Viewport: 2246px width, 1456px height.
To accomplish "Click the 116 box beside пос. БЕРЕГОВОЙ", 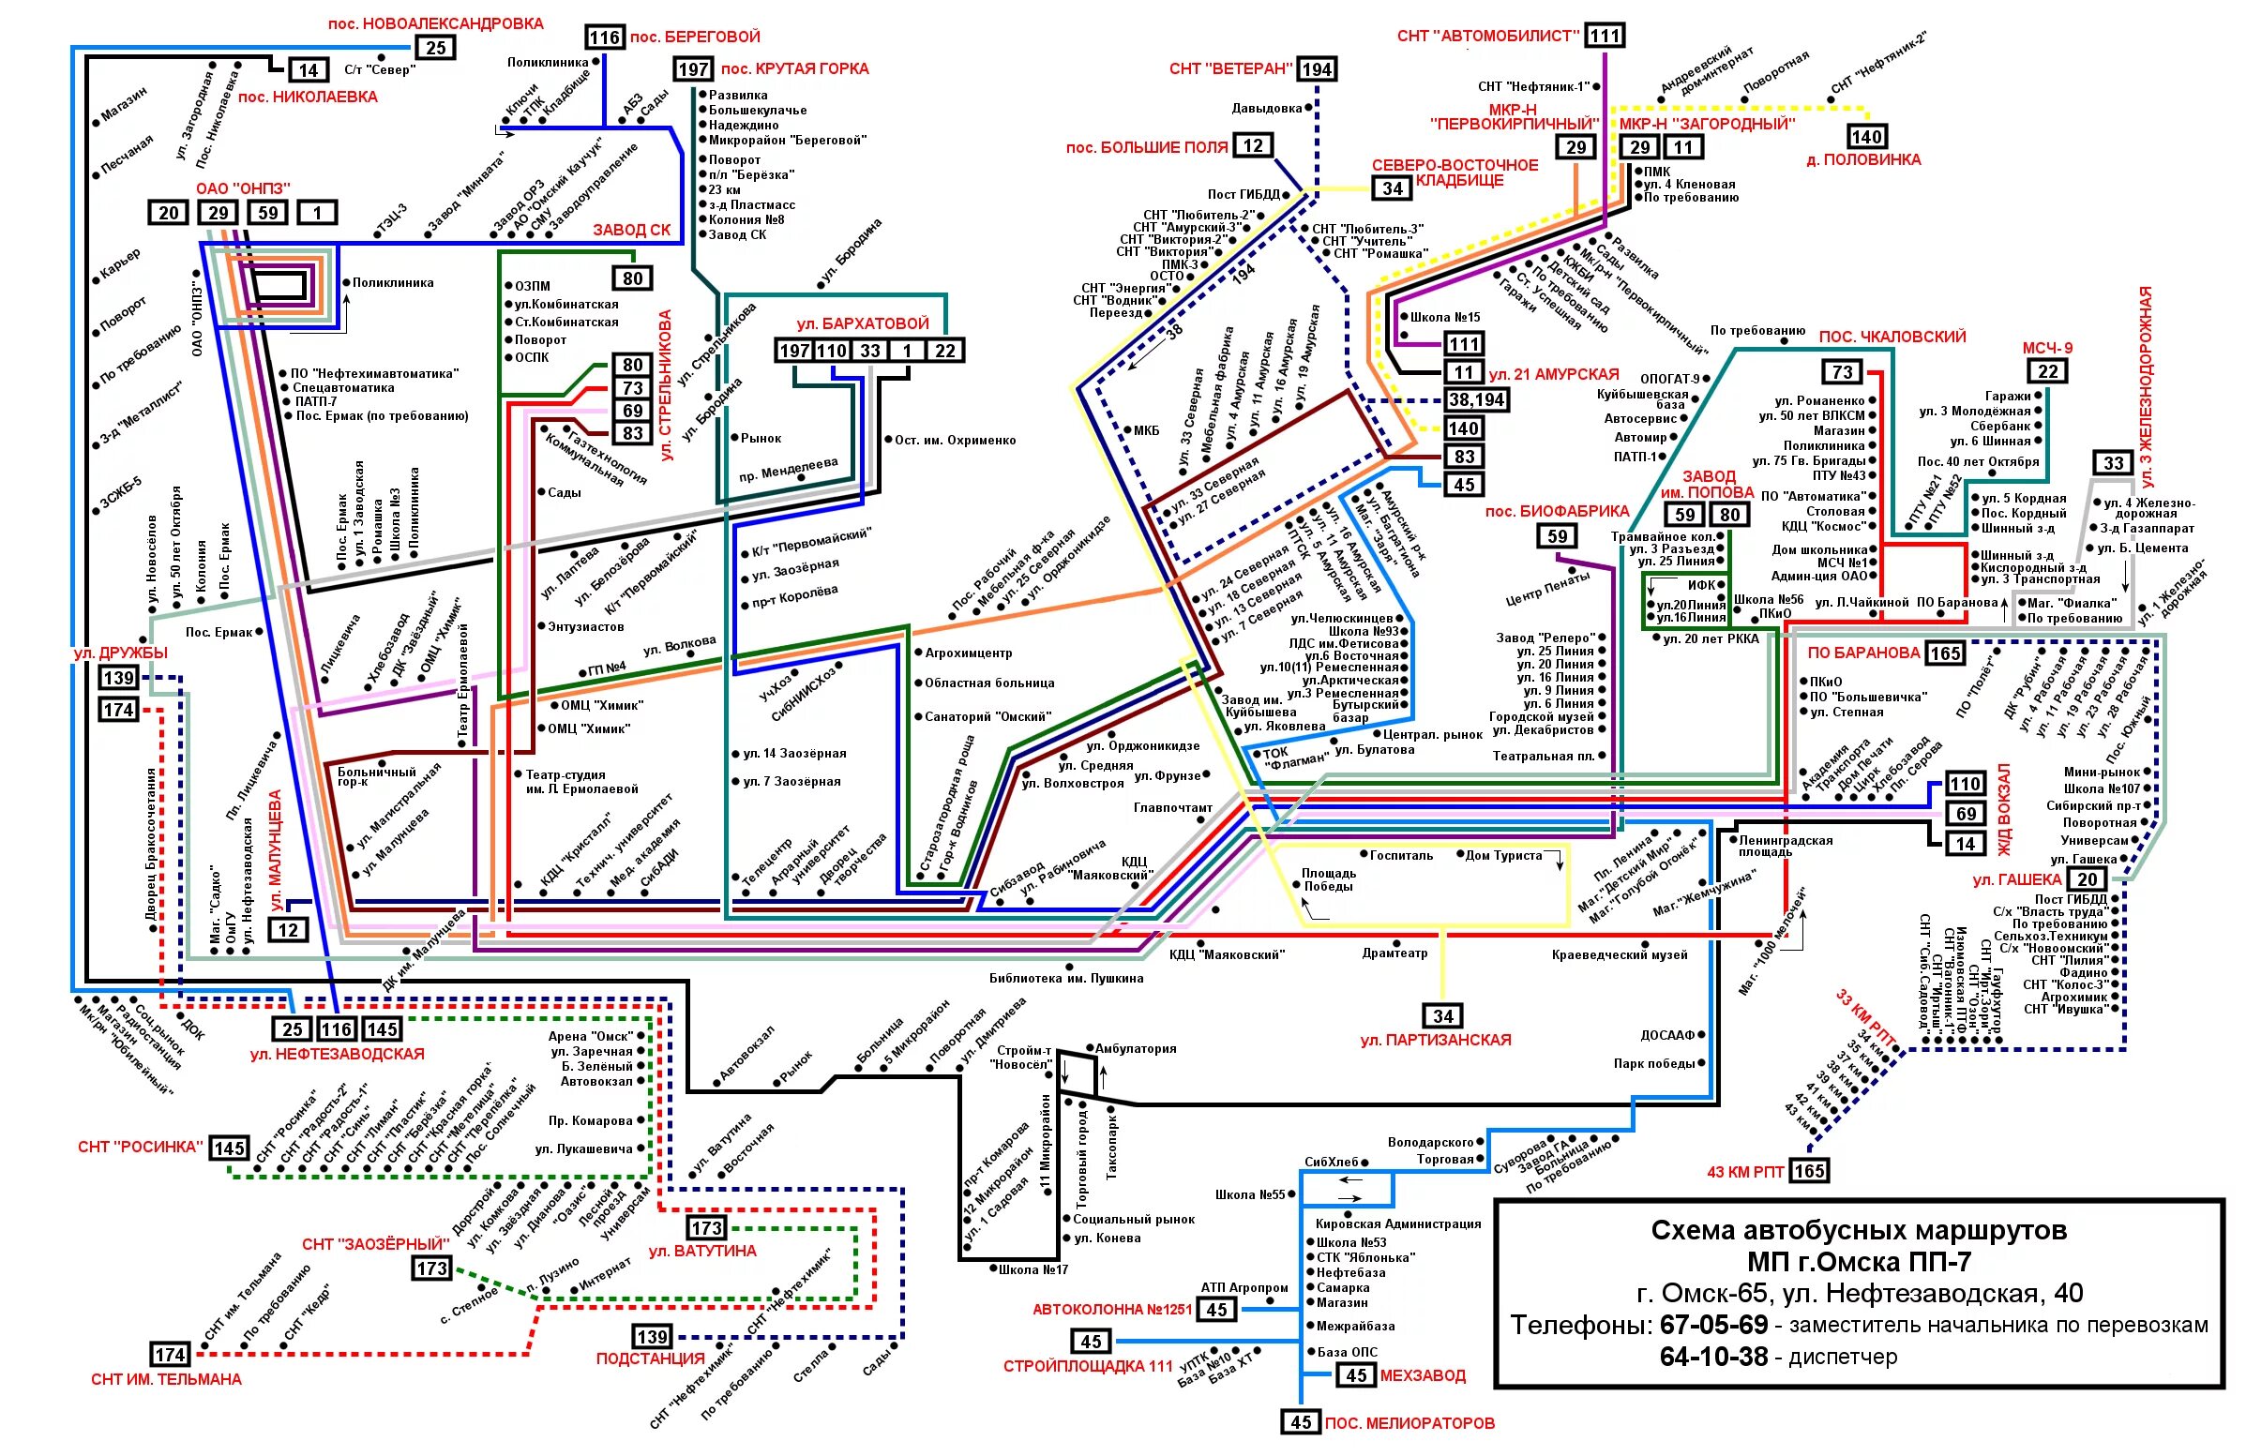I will pyautogui.click(x=604, y=38).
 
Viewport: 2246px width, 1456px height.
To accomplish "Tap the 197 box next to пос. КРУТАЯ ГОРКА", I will pyautogui.click(x=694, y=68).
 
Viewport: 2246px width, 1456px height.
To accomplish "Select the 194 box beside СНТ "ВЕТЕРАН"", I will pyautogui.click(x=1317, y=68).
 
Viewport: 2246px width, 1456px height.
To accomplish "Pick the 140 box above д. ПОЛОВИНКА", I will pyautogui.click(x=1866, y=137).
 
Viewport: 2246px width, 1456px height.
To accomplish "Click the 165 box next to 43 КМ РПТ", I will pyautogui.click(x=1809, y=1171).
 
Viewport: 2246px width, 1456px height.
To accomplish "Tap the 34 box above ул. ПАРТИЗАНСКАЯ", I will pyautogui.click(x=1443, y=1016).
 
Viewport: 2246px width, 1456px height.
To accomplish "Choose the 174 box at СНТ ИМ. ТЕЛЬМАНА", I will pyautogui.click(x=170, y=1355).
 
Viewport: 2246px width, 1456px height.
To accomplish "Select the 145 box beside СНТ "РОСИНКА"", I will pyautogui.click(x=230, y=1148).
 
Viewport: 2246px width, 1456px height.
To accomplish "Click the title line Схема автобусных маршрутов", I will pyautogui.click(x=1858, y=1230).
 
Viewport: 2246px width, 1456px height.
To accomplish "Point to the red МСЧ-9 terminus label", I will pyautogui.click(x=2047, y=348).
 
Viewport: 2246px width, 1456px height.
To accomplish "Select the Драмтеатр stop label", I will pyautogui.click(x=1394, y=954).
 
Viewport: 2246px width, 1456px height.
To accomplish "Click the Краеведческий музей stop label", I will pyautogui.click(x=1620, y=955).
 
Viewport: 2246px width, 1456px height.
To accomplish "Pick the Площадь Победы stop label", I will pyautogui.click(x=1329, y=879).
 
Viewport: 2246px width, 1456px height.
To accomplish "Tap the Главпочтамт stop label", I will pyautogui.click(x=1173, y=808).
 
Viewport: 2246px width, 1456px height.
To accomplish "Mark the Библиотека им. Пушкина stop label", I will pyautogui.click(x=1066, y=979).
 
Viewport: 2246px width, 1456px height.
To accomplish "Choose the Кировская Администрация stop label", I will pyautogui.click(x=1397, y=1223).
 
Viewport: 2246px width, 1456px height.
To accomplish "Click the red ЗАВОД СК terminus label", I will pyautogui.click(x=631, y=231).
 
